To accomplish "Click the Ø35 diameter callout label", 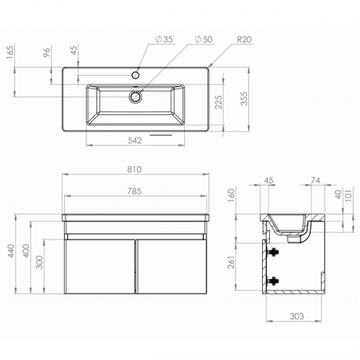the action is click(164, 40).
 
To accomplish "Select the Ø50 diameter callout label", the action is click(204, 40).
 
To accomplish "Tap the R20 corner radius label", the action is click(244, 40).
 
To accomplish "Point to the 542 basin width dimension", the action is click(135, 140).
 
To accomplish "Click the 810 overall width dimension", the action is click(134, 169).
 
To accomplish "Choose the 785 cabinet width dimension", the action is click(134, 192).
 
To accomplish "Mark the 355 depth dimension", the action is click(244, 99).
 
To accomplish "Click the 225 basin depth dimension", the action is click(219, 102).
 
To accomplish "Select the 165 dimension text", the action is click(11, 52).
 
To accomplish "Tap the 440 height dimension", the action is click(11, 251).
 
